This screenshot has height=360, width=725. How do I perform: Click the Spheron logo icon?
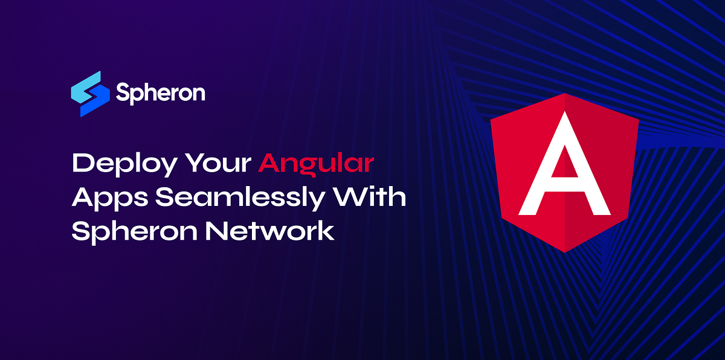tap(89, 94)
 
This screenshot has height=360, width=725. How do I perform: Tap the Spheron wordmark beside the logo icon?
tap(160, 93)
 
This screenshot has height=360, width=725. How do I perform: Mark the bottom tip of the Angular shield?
tap(564, 252)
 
